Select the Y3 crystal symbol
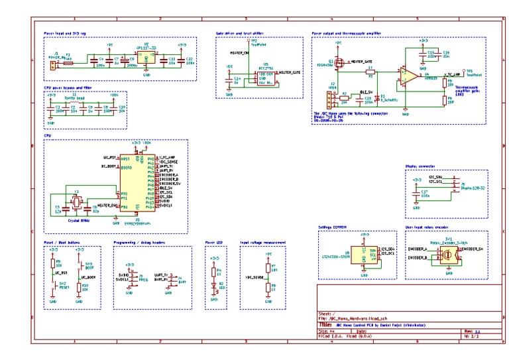tap(76, 202)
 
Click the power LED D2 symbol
tap(213, 286)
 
